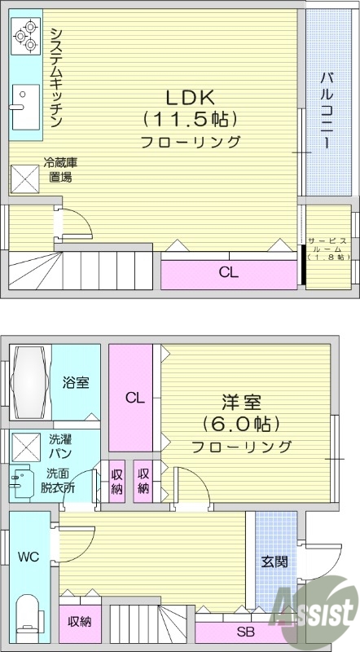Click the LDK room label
[x=191, y=97]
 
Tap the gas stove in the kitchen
[x=24, y=36]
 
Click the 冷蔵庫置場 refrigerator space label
[x=59, y=169]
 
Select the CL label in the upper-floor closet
[x=228, y=273]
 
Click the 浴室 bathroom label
[x=76, y=382]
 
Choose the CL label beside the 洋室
[x=134, y=398]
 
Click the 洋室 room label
[x=241, y=403]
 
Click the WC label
[x=29, y=557]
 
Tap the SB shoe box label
[x=244, y=632]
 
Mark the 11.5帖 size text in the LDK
[x=191, y=119]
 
